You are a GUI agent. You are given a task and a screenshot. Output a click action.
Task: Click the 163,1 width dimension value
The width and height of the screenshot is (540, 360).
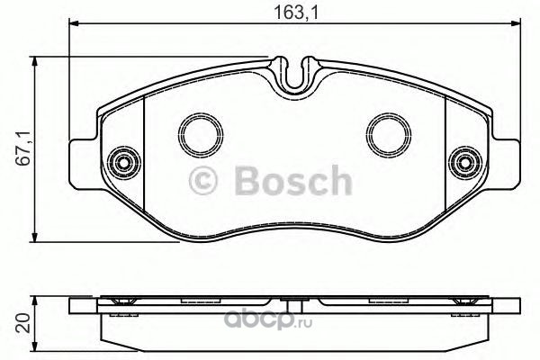pyautogui.click(x=296, y=13)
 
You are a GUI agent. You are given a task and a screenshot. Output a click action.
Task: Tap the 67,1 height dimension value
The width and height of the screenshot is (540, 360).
pyautogui.click(x=25, y=148)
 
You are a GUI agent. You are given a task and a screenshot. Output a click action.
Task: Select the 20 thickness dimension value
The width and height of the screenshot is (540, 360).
pyautogui.click(x=24, y=323)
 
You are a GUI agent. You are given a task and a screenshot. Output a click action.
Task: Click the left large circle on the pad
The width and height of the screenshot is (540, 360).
pyautogui.click(x=201, y=135)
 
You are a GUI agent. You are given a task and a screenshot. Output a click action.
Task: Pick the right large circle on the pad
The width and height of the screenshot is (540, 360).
pyautogui.click(x=389, y=135)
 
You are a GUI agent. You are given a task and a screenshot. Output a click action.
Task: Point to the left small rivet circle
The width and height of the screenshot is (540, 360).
pyautogui.click(x=124, y=163)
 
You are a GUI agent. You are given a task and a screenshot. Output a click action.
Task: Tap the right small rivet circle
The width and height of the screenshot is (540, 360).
pyautogui.click(x=465, y=163)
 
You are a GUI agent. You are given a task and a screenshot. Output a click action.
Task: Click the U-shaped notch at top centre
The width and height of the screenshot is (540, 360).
pyautogui.click(x=295, y=76)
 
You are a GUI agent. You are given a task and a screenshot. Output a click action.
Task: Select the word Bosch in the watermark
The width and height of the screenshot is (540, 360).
pyautogui.click(x=293, y=181)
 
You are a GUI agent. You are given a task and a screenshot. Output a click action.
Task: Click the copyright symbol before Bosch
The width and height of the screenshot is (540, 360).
pyautogui.click(x=203, y=181)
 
